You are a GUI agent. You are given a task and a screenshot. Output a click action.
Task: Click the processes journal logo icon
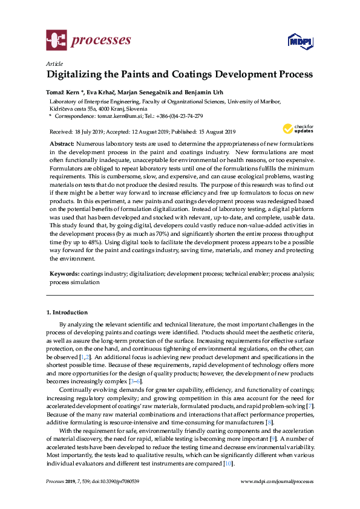point(56,41)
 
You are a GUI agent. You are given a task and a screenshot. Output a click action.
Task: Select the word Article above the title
point(53,63)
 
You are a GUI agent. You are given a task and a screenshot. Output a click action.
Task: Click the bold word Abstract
point(63,143)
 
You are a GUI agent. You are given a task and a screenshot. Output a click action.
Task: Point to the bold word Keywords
point(64,274)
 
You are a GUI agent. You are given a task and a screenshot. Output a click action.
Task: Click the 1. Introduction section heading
point(67,313)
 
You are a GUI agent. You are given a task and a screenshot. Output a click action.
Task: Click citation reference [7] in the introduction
point(310,404)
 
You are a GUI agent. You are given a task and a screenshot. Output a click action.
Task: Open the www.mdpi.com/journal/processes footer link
point(277,481)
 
